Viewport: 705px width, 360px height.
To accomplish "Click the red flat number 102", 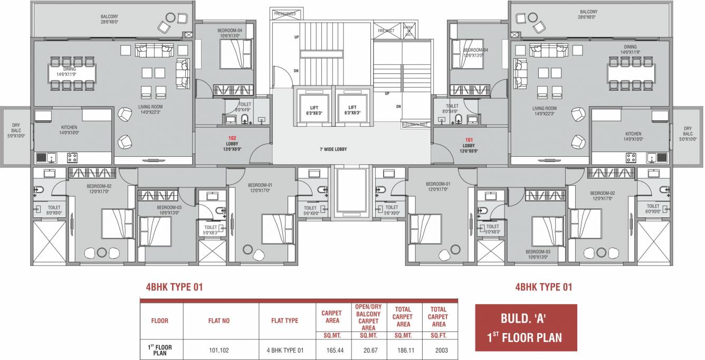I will point(232,138).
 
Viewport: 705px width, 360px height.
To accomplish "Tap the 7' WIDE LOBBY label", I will point(332,149).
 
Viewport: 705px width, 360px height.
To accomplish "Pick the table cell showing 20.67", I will point(368,349).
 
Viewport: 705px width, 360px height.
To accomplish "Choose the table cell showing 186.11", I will point(403,349).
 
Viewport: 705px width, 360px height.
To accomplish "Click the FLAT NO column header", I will point(219,320).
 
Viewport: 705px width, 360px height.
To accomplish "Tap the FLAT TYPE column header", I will point(284,320).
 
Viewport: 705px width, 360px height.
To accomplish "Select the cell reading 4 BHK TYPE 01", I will point(284,349).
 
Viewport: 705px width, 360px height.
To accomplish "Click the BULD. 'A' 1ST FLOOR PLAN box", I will point(526,328).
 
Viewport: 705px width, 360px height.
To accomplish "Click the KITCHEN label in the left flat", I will point(69,130).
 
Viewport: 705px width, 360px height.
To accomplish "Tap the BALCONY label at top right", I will point(588,14).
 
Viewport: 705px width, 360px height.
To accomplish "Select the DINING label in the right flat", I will point(630,49).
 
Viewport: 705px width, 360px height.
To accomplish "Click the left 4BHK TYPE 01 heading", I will point(174,287).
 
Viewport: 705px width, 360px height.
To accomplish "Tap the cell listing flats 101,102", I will point(219,349).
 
